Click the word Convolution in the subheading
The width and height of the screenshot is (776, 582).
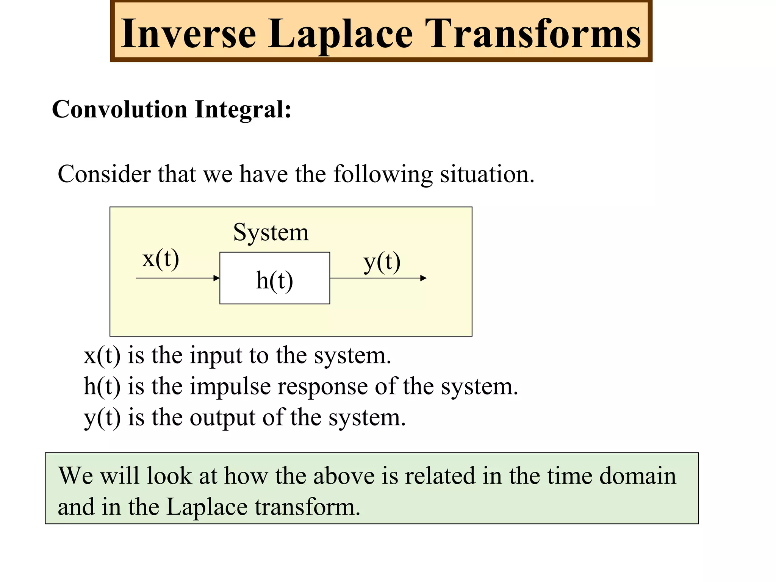click(119, 110)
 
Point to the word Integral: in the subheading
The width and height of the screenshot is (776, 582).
click(243, 110)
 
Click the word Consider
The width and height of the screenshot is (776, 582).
click(104, 174)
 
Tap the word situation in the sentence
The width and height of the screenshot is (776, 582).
click(487, 174)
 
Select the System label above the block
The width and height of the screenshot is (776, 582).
click(271, 232)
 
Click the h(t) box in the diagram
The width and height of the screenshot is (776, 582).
click(275, 278)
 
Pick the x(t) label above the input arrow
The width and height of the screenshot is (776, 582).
click(161, 259)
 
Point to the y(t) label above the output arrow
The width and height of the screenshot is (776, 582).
click(382, 262)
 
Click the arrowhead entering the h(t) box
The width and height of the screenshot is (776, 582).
click(217, 278)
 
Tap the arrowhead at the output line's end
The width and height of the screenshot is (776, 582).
click(424, 278)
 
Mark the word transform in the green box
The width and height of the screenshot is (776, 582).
click(307, 507)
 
